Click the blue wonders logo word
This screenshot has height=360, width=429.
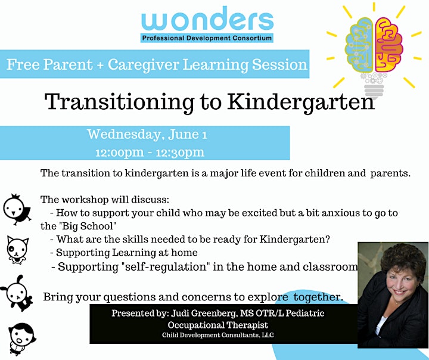pyautogui.click(x=207, y=19)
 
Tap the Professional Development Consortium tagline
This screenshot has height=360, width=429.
pyautogui.click(x=207, y=38)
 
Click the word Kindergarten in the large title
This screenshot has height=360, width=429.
pyautogui.click(x=301, y=103)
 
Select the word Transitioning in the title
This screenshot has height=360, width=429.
pyautogui.click(x=119, y=103)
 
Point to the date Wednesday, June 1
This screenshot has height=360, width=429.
pyautogui.click(x=147, y=135)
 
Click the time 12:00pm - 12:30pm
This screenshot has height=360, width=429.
pyautogui.click(x=150, y=153)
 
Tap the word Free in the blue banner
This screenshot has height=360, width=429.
pyautogui.click(x=23, y=64)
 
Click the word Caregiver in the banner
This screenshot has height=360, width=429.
pyautogui.click(x=143, y=65)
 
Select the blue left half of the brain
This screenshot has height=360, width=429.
pyautogui.click(x=359, y=44)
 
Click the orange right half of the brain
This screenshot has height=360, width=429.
pyautogui.click(x=388, y=44)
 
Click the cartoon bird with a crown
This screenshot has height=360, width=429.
pyautogui.click(x=17, y=209)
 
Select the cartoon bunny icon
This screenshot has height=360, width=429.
pyautogui.click(x=17, y=293)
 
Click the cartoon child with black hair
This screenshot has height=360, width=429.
pyautogui.click(x=22, y=339)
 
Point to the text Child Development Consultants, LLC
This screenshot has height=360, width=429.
pyautogui.click(x=218, y=335)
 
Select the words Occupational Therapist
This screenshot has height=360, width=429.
pyautogui.click(x=218, y=325)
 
